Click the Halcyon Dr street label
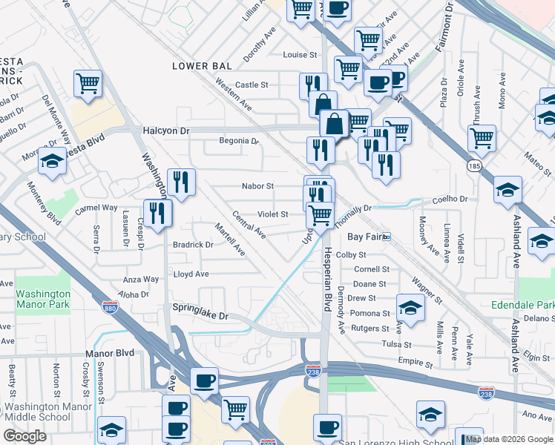tap(166, 131)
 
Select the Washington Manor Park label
tap(42, 299)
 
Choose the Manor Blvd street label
tap(110, 353)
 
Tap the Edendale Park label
tap(522, 305)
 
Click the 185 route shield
tap(474, 166)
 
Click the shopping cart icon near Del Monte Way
tap(88, 83)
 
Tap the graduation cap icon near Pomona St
tap(410, 306)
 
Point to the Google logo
tap(24, 436)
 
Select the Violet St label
tap(272, 214)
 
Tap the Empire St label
tap(415, 364)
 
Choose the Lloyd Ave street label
tap(191, 274)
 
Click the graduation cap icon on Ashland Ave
tap(508, 189)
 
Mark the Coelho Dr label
tap(452, 199)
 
